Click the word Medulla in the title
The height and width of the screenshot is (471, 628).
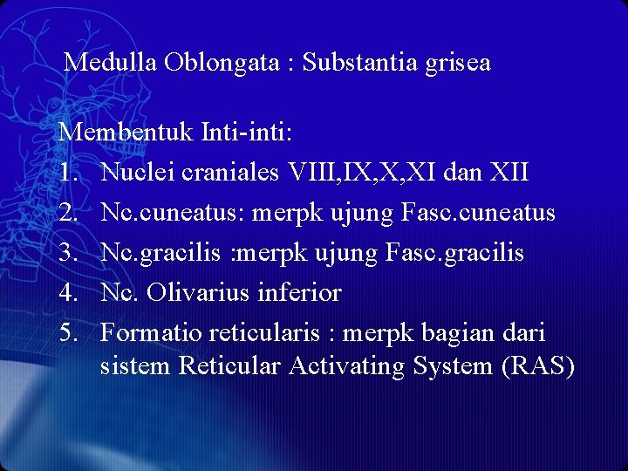[111, 63]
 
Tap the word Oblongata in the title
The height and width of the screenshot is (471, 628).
[220, 63]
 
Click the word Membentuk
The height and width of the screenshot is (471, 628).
[126, 133]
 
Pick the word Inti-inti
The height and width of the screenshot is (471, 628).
[248, 133]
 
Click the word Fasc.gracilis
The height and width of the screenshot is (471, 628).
[451, 253]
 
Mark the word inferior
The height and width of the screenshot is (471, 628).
[299, 293]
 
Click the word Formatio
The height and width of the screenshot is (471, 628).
[149, 333]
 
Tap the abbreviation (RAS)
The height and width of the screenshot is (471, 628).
[538, 366]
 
